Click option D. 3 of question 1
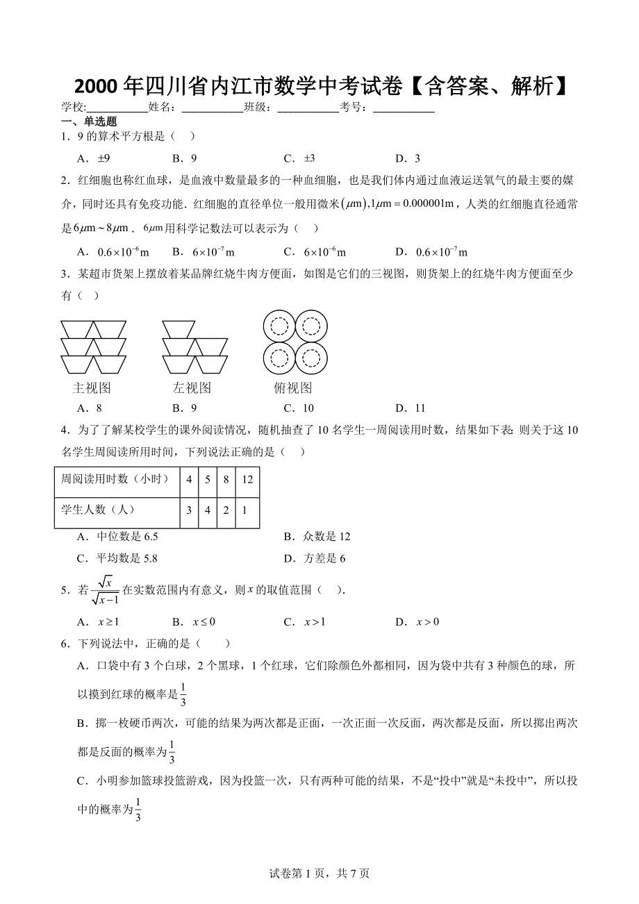(408, 158)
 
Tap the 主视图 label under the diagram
(92, 387)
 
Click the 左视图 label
(192, 387)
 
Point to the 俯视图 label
(293, 387)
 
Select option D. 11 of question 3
(410, 408)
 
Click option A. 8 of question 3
(90, 408)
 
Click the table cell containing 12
(247, 479)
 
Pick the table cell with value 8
(226, 479)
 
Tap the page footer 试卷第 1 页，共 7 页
(319, 873)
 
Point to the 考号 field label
(353, 107)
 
